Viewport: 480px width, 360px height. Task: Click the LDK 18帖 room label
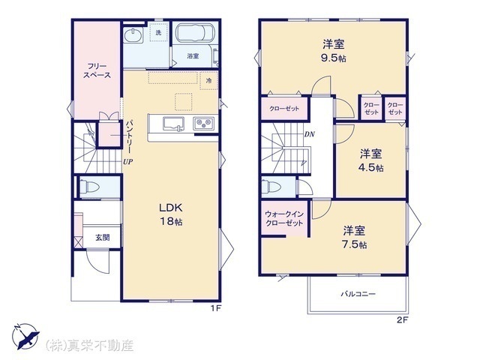coord(170,214)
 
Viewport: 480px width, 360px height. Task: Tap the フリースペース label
coord(97,70)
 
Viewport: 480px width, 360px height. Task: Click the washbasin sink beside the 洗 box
coord(133,34)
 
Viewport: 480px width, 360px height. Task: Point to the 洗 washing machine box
coord(158,32)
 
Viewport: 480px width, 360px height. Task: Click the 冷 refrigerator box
coord(208,81)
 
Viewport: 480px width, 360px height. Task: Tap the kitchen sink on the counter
coord(173,124)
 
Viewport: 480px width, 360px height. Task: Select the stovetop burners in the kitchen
coord(203,124)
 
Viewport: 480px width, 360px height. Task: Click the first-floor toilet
coord(89,187)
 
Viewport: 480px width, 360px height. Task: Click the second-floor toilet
coord(269,187)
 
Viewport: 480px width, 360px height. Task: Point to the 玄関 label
coord(103,237)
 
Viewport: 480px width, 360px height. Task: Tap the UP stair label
coord(128,162)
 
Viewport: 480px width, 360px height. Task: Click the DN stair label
coord(310,134)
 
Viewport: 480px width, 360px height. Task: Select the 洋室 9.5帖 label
coord(333,51)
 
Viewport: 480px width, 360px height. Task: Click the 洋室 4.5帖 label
coord(371,160)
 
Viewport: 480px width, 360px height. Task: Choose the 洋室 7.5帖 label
coord(354,237)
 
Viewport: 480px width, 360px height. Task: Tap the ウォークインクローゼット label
coord(284,218)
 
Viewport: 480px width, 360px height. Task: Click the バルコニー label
coord(358,294)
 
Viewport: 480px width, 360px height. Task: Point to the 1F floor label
coord(215,308)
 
